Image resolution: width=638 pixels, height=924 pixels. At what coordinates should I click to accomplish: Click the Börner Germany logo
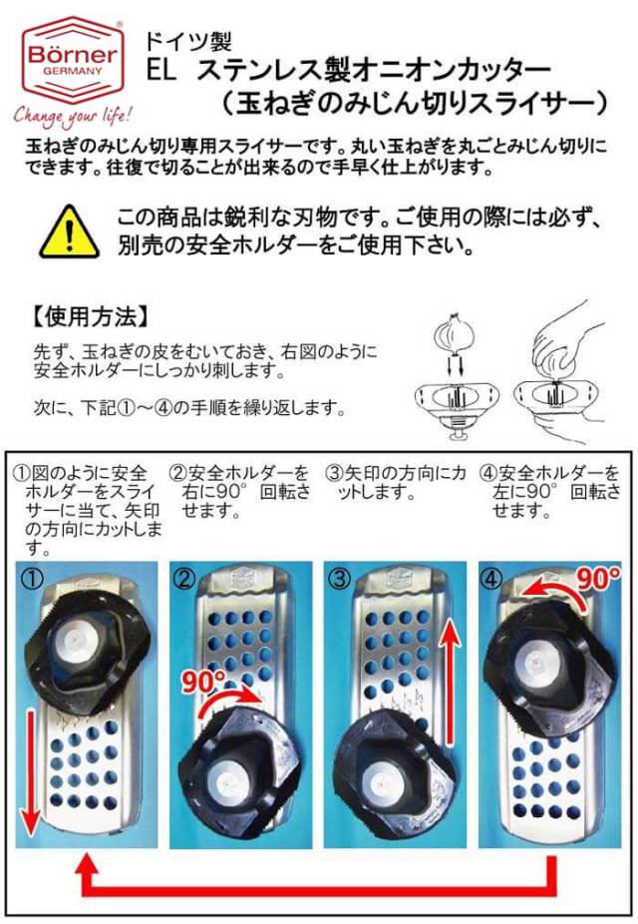click(73, 60)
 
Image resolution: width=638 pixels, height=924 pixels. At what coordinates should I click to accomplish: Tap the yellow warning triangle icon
click(70, 232)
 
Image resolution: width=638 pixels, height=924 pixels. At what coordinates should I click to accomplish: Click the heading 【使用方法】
click(90, 317)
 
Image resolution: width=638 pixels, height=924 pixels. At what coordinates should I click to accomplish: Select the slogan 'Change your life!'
click(73, 115)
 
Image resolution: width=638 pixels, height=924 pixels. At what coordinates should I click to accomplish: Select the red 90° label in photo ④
click(598, 579)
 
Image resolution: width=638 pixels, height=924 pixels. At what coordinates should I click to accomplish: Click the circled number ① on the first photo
click(32, 578)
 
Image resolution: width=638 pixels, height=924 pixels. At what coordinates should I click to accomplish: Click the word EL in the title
click(161, 71)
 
